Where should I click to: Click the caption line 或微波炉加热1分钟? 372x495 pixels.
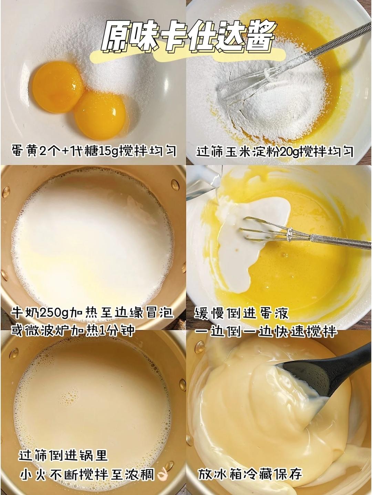(72, 330)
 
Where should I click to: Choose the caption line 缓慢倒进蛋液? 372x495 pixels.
(241, 313)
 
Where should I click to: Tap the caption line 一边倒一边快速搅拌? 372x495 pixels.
(265, 331)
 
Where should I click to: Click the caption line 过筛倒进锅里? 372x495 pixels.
(63, 456)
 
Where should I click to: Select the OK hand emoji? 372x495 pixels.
(162, 475)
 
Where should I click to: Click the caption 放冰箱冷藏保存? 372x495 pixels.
(250, 474)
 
